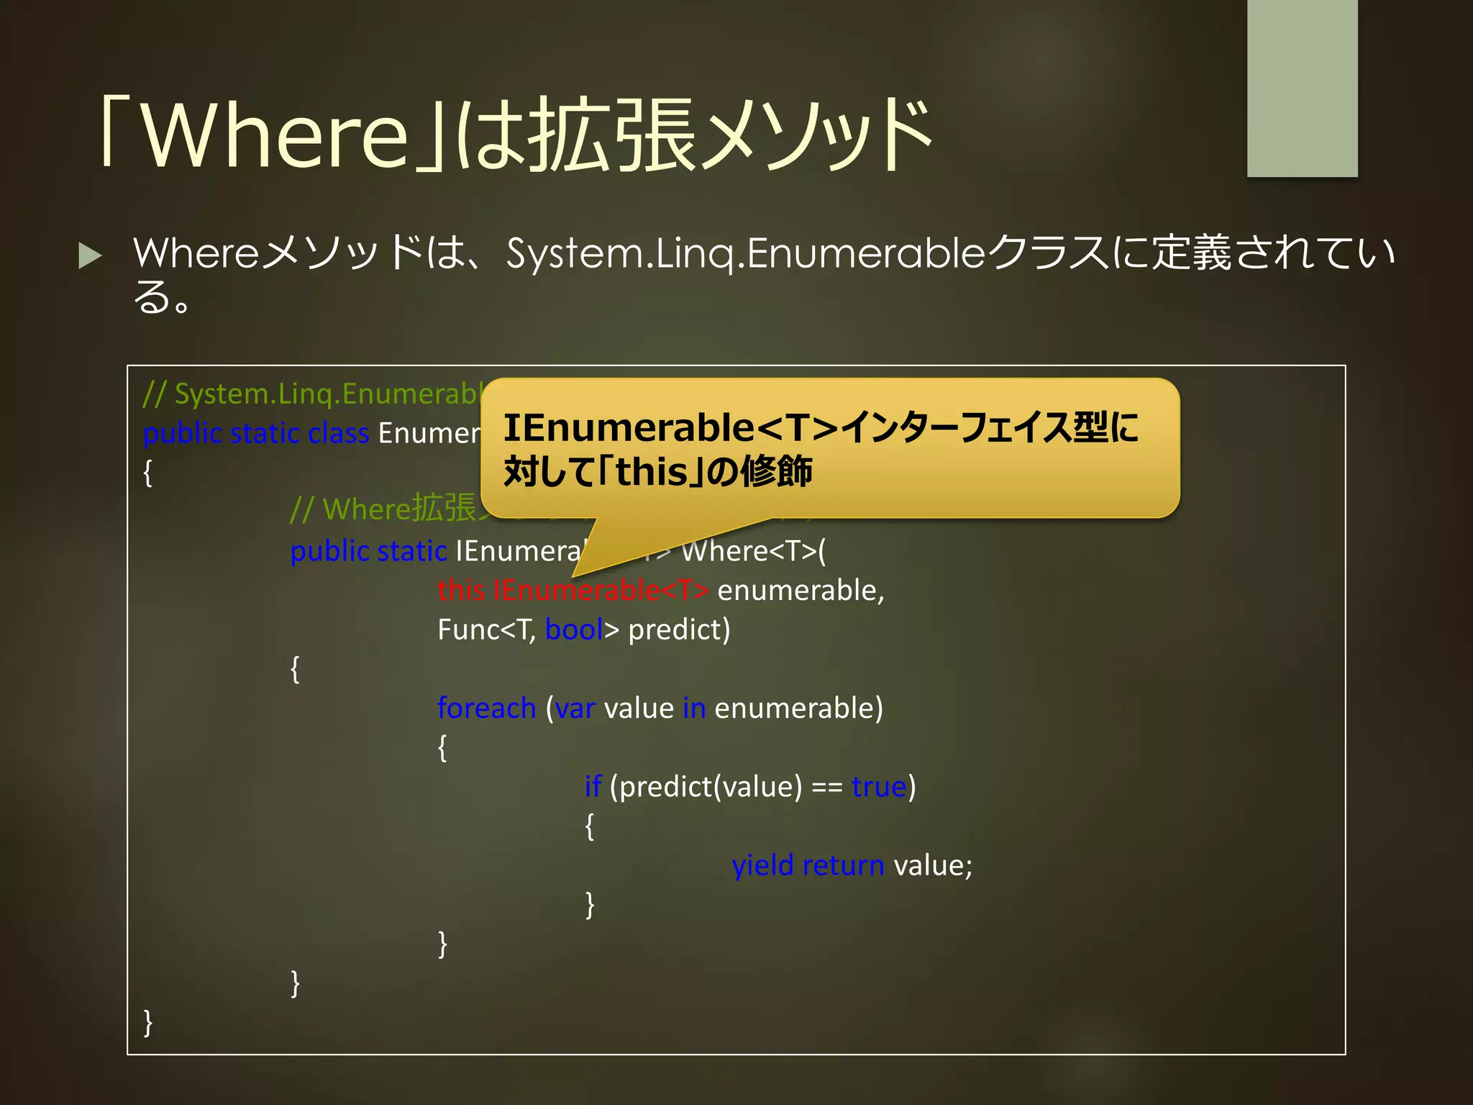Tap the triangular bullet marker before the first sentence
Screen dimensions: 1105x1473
click(x=90, y=255)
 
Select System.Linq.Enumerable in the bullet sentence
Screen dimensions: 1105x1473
click(x=744, y=253)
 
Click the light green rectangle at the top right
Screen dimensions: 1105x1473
click(x=1302, y=88)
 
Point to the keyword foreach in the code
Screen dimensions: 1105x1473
click(x=486, y=708)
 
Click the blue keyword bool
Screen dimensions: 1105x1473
click(x=573, y=629)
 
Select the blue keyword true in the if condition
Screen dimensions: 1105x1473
click(x=878, y=786)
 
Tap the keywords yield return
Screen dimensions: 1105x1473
click(x=808, y=865)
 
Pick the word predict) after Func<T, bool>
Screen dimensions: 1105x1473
click(x=679, y=629)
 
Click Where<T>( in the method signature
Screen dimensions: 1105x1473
click(x=753, y=551)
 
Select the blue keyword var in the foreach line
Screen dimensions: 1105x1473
click(x=575, y=708)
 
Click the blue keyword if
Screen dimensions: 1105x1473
click(x=592, y=786)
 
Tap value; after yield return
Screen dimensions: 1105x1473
click(x=933, y=865)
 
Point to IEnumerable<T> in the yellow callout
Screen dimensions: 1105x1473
click(x=670, y=427)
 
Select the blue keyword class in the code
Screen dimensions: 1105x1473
click(x=338, y=433)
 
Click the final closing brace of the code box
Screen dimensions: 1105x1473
click(x=148, y=1022)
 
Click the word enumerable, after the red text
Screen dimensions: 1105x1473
click(x=801, y=590)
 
